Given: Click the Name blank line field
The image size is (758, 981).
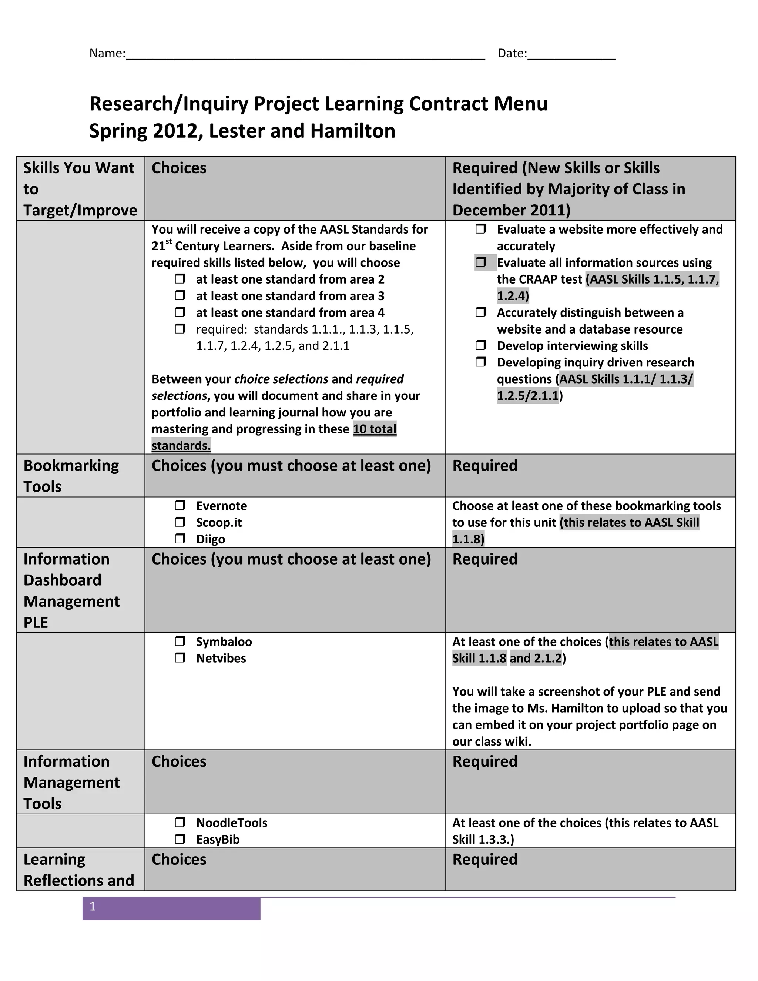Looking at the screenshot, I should pos(305,54).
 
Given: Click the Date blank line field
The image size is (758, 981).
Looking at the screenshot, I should pos(571,54).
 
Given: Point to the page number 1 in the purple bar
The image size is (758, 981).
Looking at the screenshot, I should pos(93,907).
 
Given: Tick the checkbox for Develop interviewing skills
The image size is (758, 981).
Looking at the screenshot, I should pos(480,345).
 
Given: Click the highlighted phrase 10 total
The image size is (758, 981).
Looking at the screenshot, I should pos(374,429).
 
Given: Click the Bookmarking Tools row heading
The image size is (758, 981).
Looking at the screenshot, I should pos(71,476).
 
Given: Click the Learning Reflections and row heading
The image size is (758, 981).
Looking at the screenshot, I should pos(78,870).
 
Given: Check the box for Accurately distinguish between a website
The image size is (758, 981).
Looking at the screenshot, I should pos(480,312).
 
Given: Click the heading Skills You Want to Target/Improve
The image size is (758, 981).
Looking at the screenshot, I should pos(80,189).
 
